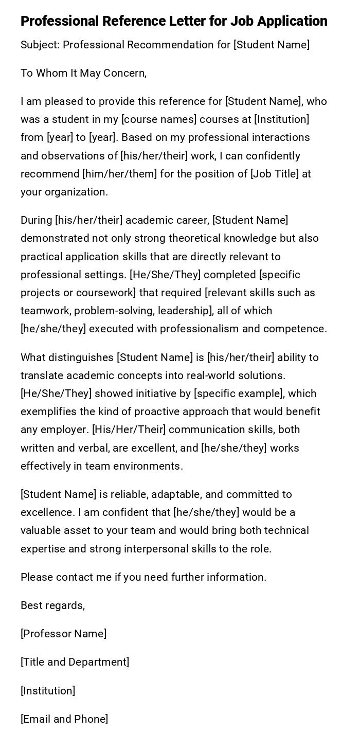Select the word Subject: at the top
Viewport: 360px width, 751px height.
[40, 45]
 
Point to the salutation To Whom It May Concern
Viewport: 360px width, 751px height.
[83, 73]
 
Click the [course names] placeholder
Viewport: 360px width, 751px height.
[159, 119]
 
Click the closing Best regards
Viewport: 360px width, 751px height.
[52, 605]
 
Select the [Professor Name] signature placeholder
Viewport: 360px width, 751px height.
[63, 634]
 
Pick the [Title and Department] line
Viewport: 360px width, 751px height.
[75, 662]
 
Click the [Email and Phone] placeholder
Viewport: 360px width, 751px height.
[64, 719]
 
